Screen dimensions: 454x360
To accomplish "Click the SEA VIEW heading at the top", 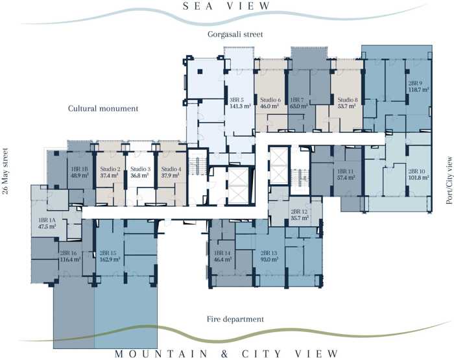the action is click(x=226, y=6).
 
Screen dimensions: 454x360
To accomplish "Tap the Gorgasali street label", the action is click(x=235, y=34).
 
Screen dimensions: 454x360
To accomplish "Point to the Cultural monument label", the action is click(x=103, y=108).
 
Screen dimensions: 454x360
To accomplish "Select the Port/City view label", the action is click(x=449, y=180).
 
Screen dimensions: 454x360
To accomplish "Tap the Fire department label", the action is click(x=235, y=319).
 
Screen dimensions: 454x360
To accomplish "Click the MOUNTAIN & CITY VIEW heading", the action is click(x=226, y=354).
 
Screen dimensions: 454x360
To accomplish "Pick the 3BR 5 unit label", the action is click(x=237, y=100).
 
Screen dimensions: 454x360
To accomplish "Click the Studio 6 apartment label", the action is click(x=270, y=100).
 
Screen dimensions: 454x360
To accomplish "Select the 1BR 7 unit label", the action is click(x=297, y=100).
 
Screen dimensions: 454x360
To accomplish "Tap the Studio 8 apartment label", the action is click(x=348, y=100).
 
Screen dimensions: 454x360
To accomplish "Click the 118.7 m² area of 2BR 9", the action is click(x=419, y=90).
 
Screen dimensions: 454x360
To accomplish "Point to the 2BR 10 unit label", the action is click(x=416, y=171).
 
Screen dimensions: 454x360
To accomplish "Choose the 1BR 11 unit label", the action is click(x=346, y=171).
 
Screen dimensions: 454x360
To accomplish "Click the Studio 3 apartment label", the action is click(x=141, y=169).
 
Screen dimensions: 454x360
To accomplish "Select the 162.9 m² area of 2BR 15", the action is click(x=110, y=259).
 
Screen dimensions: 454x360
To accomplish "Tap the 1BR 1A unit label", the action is click(x=47, y=220).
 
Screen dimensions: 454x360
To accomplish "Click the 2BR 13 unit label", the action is click(x=269, y=253).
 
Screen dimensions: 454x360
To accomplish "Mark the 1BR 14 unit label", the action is click(x=222, y=253).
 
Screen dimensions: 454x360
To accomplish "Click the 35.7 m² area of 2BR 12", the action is click(x=300, y=218).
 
